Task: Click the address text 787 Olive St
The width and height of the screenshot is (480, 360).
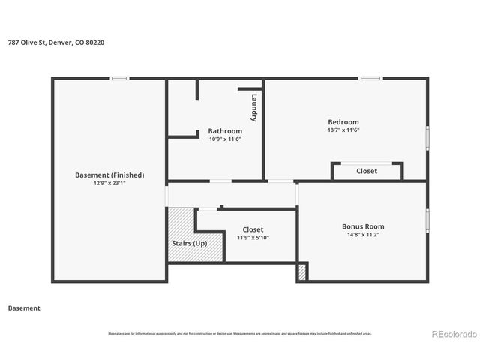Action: click(56, 43)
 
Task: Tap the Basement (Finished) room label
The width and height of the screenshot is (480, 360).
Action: click(109, 175)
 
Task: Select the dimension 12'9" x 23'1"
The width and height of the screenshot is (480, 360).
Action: click(109, 183)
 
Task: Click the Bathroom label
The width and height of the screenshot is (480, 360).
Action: click(225, 131)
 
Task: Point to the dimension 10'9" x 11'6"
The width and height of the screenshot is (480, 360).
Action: click(225, 139)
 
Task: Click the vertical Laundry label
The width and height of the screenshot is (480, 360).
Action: click(254, 107)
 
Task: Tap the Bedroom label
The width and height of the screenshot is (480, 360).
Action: click(343, 122)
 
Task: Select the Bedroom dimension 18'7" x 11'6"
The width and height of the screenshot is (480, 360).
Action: click(343, 130)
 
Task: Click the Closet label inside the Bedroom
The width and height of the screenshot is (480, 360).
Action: click(367, 171)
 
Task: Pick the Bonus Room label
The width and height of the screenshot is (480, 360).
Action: click(363, 226)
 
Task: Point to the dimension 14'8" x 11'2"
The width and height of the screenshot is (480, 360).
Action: click(363, 235)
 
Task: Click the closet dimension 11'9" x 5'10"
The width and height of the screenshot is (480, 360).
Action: click(253, 238)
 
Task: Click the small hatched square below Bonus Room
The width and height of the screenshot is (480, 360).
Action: click(302, 271)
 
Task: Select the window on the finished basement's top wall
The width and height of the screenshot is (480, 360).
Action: click(118, 78)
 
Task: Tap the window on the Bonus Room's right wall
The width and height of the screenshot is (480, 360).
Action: click(427, 221)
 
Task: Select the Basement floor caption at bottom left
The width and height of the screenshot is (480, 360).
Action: click(23, 308)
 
